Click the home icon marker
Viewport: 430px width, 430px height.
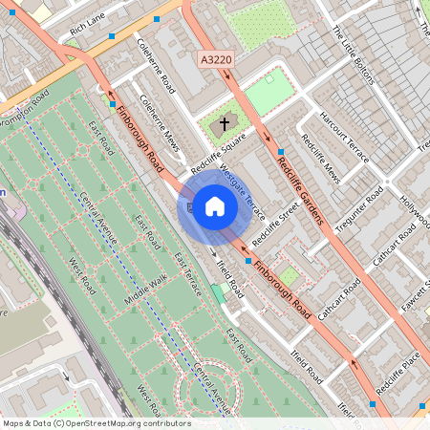[215, 206]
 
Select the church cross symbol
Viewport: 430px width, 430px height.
[226, 123]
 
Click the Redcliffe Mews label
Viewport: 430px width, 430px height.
[320, 157]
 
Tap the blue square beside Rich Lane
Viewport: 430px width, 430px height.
[114, 35]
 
